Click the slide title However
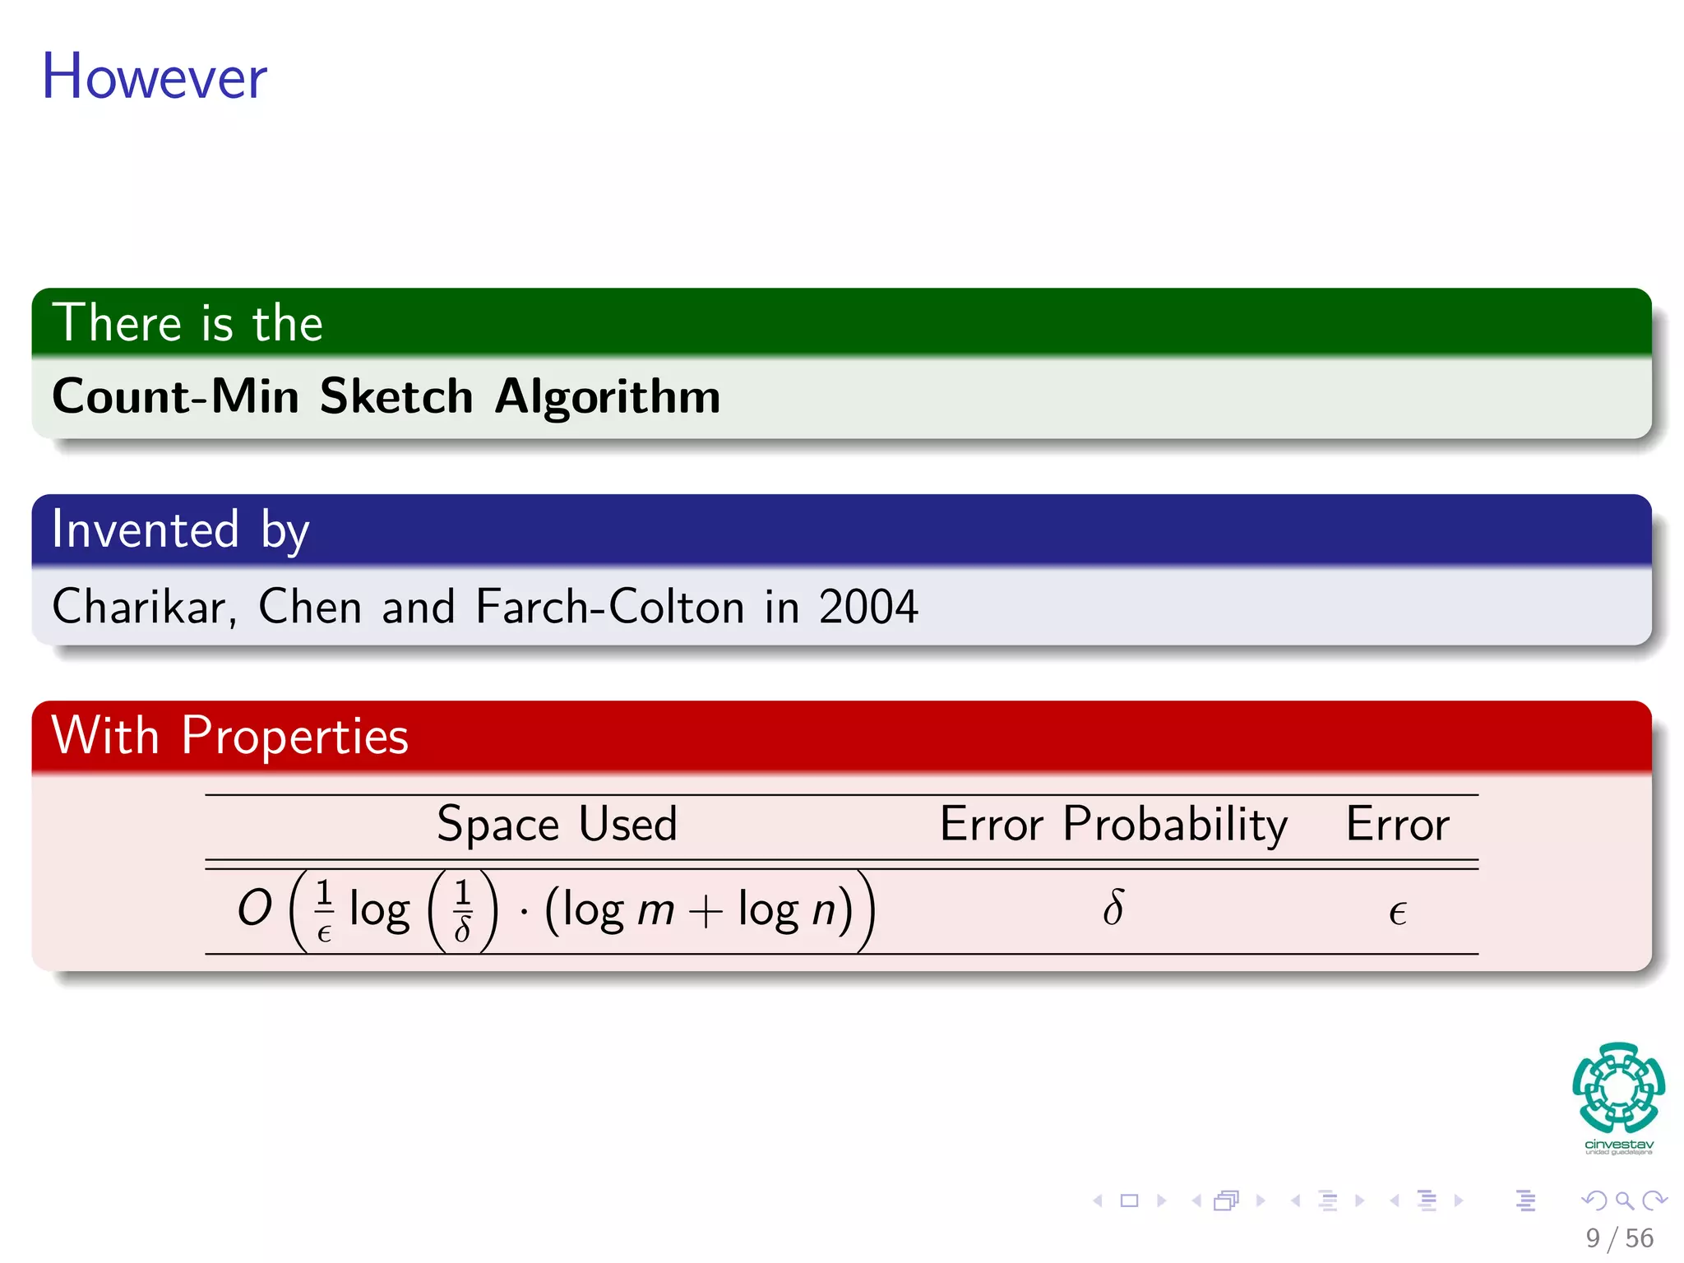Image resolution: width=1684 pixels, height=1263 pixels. point(155,76)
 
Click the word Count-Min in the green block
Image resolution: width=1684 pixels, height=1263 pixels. point(175,397)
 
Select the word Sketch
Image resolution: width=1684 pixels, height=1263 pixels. point(396,397)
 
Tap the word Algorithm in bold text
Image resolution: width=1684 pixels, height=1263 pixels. point(608,397)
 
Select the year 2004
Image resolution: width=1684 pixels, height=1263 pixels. point(868,608)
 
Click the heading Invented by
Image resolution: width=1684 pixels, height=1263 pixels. point(180,530)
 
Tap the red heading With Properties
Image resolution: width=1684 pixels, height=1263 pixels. point(229,736)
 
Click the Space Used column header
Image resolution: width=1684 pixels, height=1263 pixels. point(557,824)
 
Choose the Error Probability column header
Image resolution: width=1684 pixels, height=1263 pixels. point(1113,824)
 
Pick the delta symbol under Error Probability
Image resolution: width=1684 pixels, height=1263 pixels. point(1113,909)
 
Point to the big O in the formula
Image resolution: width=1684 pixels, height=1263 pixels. point(254,909)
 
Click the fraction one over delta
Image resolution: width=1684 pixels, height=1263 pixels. point(463,909)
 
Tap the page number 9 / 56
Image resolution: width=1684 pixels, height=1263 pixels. point(1619,1238)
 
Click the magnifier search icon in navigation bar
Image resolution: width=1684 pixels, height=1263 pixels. point(1624,1201)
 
